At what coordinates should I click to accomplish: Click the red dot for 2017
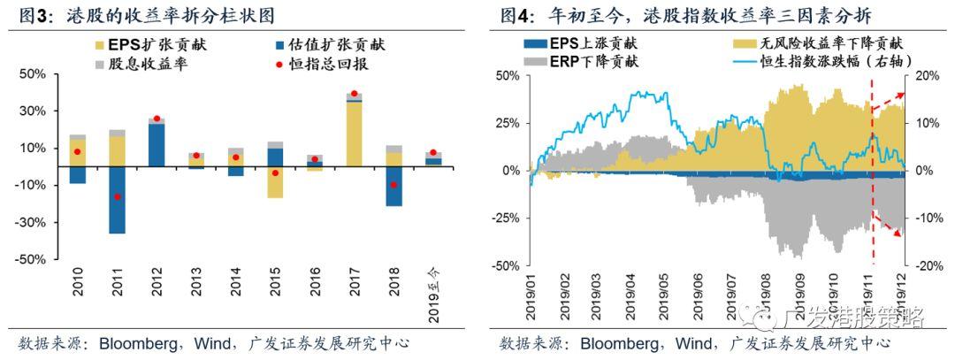click(355, 94)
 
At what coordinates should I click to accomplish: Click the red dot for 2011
click(117, 196)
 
